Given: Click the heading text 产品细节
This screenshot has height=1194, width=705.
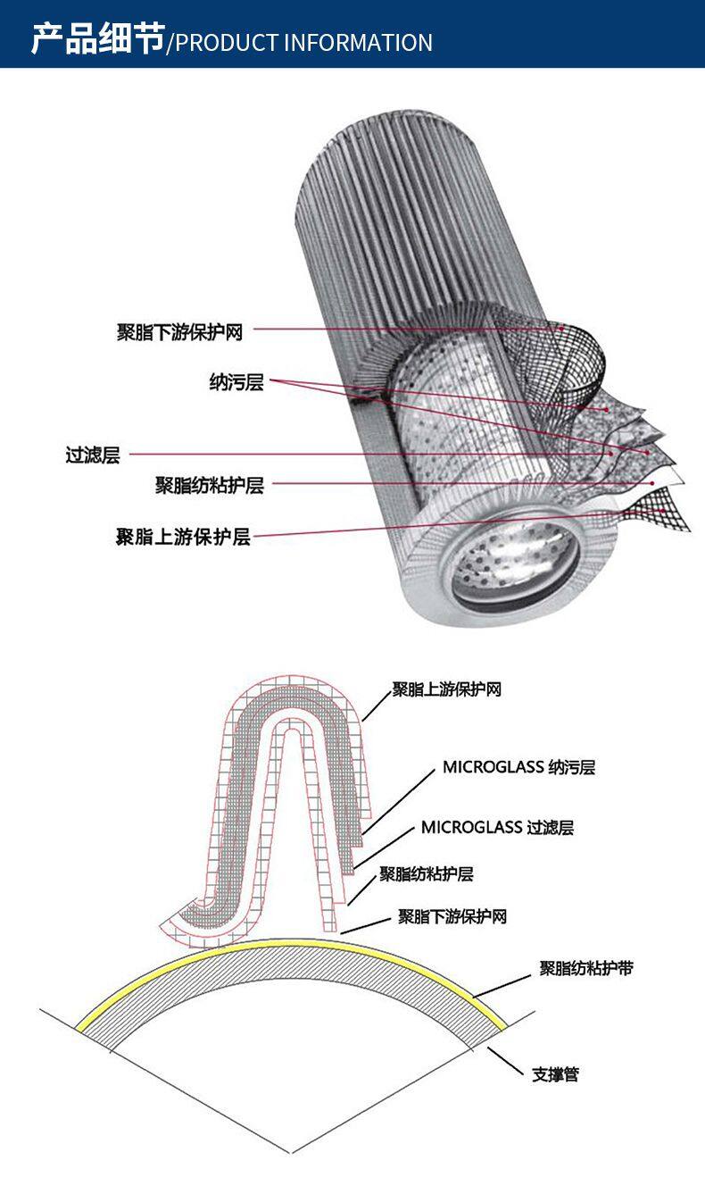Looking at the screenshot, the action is [98, 39].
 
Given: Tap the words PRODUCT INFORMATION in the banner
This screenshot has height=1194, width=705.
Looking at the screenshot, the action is [303, 43].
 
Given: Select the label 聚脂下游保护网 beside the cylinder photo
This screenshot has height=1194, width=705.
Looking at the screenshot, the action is [180, 332].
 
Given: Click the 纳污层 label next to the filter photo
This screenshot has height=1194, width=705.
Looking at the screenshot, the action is [236, 381].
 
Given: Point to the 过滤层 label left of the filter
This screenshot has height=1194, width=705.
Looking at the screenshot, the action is [93, 455].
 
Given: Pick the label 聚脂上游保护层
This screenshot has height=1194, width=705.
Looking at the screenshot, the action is [183, 536].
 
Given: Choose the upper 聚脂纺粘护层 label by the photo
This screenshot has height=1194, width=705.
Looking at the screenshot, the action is [210, 485].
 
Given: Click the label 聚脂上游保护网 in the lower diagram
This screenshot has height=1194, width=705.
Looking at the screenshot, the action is [447, 689].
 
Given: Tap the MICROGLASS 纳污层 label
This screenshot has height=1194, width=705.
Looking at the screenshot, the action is [518, 767].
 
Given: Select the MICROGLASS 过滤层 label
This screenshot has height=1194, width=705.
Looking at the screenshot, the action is [497, 827].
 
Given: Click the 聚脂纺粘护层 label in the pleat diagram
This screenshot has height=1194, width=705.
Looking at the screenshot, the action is [426, 874].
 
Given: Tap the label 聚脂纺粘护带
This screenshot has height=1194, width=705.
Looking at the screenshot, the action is [586, 968].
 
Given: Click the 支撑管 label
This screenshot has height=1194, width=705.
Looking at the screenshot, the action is [555, 1074].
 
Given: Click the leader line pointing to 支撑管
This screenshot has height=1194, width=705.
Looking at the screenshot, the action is [506, 1062].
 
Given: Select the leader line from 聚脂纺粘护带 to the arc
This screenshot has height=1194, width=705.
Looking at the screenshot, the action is [502, 986].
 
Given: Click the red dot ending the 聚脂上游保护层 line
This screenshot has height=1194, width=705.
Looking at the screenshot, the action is [663, 511].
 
